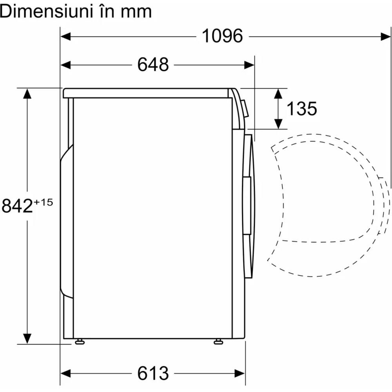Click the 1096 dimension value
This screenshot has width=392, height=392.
[222, 36]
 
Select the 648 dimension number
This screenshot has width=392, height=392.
[153, 65]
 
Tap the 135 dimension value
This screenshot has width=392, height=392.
[301, 109]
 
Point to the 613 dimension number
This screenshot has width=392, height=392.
[153, 374]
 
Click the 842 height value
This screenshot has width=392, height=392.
[17, 206]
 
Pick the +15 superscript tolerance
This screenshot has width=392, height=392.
[43, 202]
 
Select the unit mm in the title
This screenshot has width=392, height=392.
[136, 13]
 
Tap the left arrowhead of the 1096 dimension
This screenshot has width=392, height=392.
[65, 36]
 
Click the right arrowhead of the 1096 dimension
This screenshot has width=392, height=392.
[385, 36]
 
